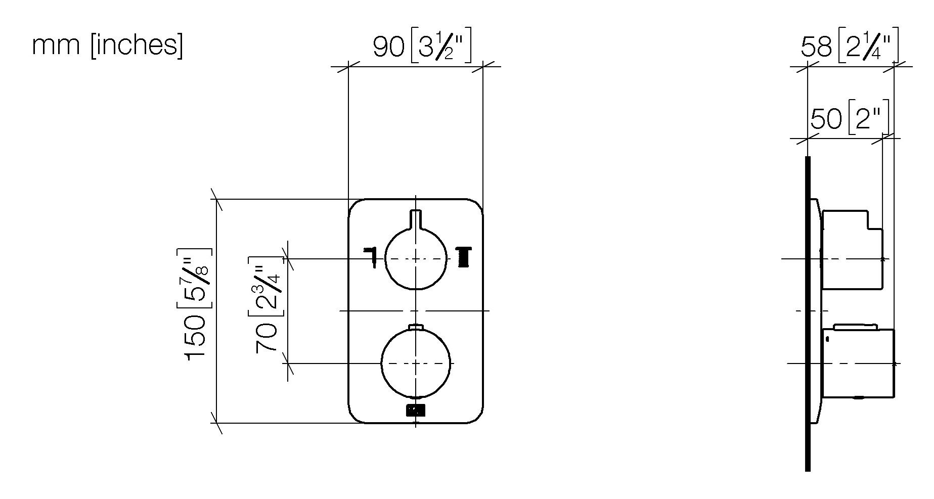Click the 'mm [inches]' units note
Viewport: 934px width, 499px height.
(107, 46)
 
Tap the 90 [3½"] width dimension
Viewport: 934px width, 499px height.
(422, 47)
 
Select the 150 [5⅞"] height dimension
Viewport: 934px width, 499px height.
(196, 303)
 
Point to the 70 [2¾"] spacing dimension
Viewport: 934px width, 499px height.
(266, 304)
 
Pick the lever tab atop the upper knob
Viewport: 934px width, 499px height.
(416, 219)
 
